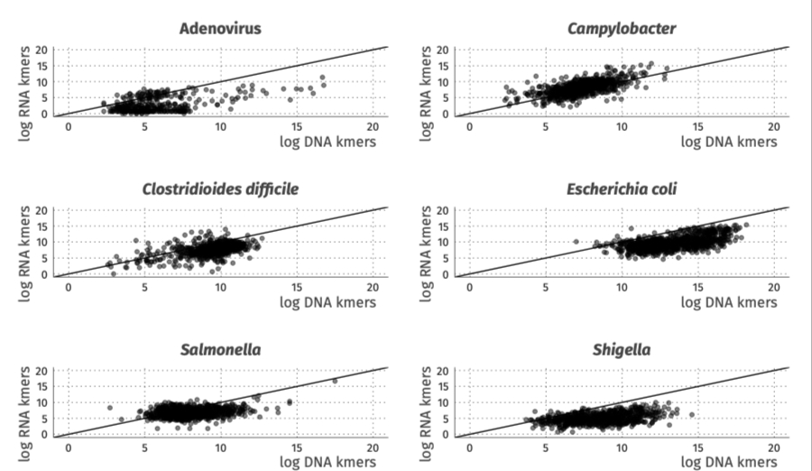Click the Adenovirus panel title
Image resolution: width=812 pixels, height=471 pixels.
click(221, 28)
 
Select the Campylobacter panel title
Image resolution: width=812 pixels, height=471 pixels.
click(622, 28)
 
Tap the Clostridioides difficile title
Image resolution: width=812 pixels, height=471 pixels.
click(221, 189)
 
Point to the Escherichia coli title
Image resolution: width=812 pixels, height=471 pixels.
click(622, 189)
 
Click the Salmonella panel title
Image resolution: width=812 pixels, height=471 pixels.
click(221, 349)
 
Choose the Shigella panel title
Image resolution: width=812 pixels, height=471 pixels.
click(622, 349)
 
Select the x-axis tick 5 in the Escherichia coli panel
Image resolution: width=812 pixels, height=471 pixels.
click(546, 288)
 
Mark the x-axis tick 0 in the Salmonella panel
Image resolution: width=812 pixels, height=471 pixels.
click(69, 448)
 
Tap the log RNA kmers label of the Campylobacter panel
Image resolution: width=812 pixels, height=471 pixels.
click(425, 81)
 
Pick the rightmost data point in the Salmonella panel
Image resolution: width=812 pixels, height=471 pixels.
click(335, 381)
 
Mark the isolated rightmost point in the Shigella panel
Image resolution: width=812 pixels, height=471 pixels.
click(692, 415)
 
